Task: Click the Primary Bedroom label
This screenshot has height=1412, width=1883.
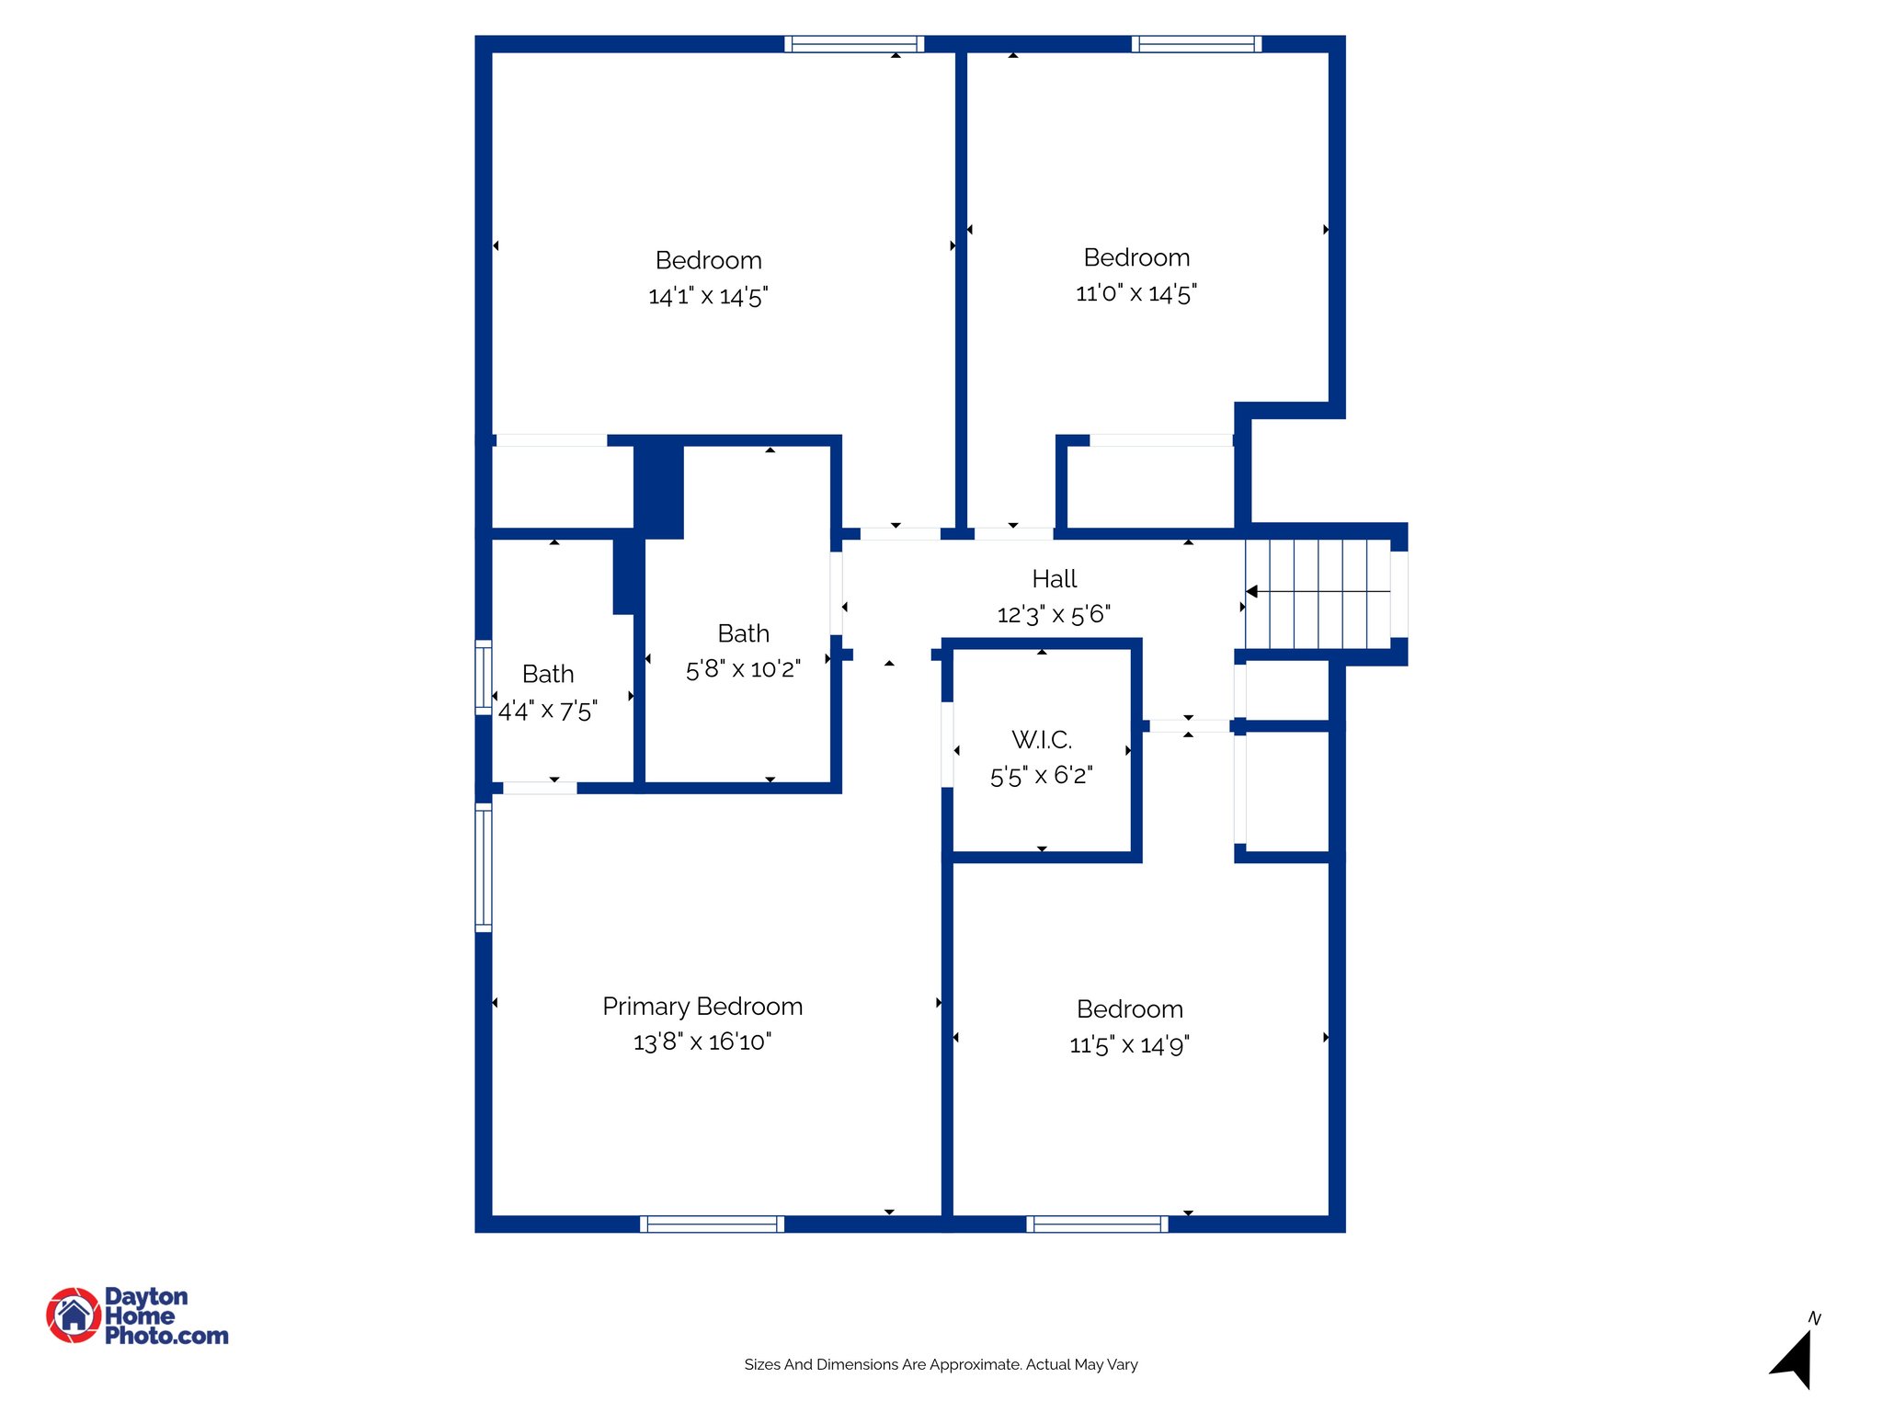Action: tap(702, 1007)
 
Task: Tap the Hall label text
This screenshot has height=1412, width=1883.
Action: tap(1054, 579)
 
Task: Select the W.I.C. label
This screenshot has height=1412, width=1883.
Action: tap(1041, 740)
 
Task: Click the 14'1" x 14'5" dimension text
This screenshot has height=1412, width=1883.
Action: tap(708, 296)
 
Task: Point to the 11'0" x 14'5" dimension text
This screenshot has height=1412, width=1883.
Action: tap(1136, 293)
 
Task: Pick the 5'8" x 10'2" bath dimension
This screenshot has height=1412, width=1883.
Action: tap(743, 669)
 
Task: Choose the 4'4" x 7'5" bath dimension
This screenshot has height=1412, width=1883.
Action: tap(548, 711)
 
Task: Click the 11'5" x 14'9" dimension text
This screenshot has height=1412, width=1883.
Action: tap(1129, 1045)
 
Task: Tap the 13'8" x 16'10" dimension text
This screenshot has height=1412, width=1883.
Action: tap(702, 1042)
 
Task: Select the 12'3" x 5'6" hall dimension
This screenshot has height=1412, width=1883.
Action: tap(1054, 614)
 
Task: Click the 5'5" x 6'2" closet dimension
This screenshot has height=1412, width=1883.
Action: tap(1041, 776)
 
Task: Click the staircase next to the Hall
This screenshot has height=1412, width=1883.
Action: tap(1318, 593)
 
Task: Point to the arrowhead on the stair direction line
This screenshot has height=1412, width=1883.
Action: tap(1252, 591)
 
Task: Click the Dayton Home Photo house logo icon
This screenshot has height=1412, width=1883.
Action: tap(74, 1315)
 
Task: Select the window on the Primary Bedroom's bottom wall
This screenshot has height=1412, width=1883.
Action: tap(712, 1224)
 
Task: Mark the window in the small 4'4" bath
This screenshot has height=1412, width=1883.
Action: tap(484, 677)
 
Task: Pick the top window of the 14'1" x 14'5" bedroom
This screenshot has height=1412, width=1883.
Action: tap(854, 43)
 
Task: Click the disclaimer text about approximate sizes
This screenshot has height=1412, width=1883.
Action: tap(941, 1365)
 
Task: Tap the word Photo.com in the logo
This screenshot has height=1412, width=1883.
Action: tap(166, 1336)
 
